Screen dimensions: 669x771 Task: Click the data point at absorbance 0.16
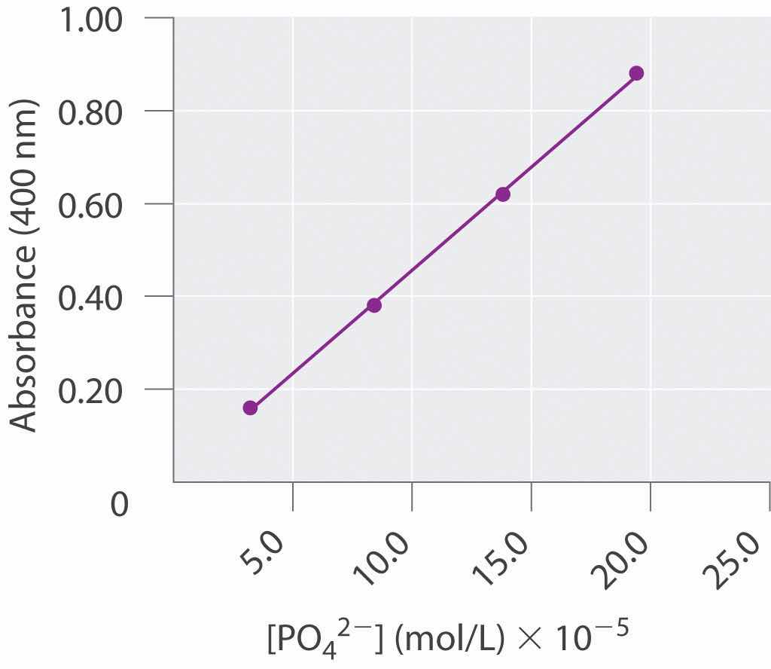[250, 408]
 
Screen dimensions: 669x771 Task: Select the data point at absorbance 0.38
[374, 305]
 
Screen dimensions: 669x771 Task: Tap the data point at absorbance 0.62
[503, 194]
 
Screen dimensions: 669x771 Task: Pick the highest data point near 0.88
[636, 73]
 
